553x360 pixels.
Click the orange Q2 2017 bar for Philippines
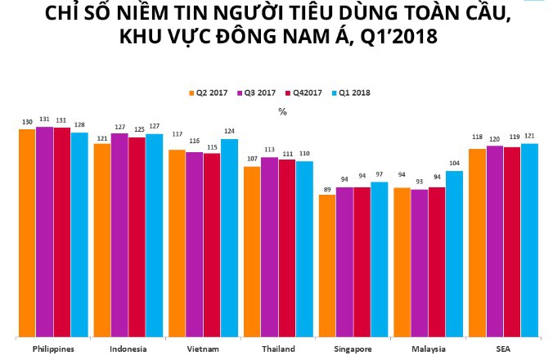(27, 233)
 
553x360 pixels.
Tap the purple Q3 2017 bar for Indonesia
(119, 235)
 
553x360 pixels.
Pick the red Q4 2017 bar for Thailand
(286, 248)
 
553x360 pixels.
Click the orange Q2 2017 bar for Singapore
(326, 266)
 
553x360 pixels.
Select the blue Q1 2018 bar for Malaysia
(454, 254)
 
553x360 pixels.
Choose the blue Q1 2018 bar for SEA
(529, 240)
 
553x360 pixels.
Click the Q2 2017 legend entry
(209, 92)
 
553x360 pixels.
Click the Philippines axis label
(53, 349)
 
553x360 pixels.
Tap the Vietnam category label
(203, 349)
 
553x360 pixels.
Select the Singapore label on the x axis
(353, 349)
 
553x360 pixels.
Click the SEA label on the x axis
(502, 349)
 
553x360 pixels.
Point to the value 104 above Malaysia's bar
(454, 164)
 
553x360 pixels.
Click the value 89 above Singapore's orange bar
(327, 188)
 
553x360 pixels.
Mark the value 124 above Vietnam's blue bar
(229, 132)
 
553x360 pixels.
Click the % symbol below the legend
(282, 112)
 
